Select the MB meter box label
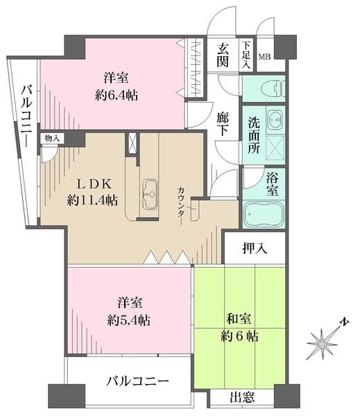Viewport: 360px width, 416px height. click(x=265, y=56)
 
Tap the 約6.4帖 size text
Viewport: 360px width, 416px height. click(x=116, y=95)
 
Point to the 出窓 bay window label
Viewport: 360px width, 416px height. click(x=242, y=398)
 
